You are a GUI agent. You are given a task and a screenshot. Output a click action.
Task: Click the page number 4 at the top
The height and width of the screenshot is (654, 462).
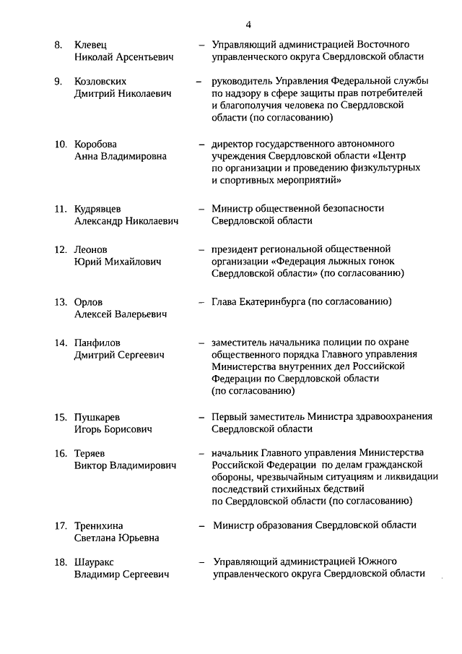tap(248, 26)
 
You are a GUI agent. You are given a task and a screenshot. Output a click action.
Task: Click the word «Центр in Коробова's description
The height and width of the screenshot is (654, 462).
tap(399, 156)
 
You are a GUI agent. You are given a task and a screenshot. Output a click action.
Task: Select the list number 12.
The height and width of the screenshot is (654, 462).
tap(61, 249)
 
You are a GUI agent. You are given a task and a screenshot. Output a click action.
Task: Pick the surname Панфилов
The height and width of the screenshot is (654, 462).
tap(97, 343)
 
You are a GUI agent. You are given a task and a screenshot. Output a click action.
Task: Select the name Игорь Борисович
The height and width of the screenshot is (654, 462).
tap(113, 429)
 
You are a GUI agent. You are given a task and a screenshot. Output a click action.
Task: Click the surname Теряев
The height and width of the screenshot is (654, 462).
tap(91, 454)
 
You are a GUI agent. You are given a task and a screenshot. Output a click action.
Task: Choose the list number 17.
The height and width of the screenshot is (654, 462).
tap(61, 525)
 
